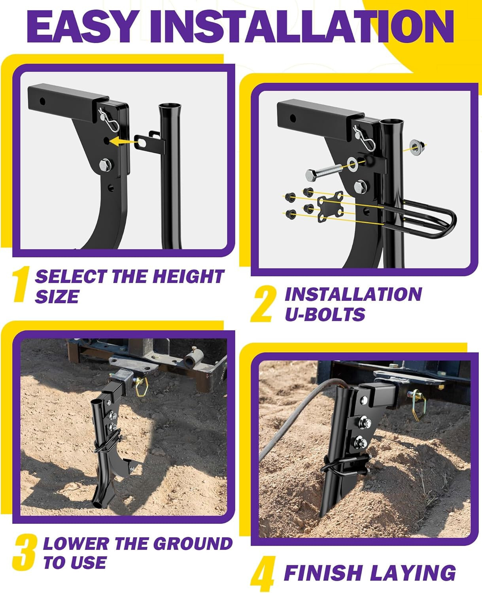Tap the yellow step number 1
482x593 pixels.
click(21, 285)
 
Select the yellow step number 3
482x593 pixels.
click(25, 552)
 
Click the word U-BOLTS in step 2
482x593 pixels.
click(325, 314)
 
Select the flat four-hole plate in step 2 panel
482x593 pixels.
click(330, 204)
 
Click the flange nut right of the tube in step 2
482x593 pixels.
click(416, 147)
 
